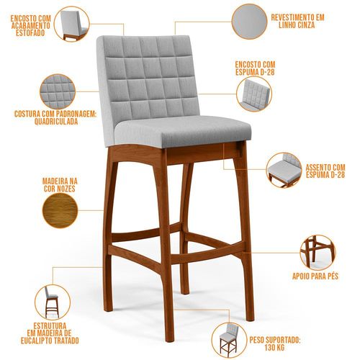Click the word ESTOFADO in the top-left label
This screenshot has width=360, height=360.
30,32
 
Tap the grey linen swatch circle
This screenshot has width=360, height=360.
249,22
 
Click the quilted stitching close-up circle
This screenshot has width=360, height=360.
58,91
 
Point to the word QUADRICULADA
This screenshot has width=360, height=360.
56,121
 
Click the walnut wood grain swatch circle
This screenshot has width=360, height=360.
60,210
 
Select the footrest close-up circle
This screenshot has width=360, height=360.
318,253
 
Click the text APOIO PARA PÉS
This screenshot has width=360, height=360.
315,276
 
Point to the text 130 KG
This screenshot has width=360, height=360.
275,347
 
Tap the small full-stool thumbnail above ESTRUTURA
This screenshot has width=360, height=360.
53,302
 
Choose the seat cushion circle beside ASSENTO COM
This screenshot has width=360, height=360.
284,170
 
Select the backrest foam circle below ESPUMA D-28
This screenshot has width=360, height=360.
254,94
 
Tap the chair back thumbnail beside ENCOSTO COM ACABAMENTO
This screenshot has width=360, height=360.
72,24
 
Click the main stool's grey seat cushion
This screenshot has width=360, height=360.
183,131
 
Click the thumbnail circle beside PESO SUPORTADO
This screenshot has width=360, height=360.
229,340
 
